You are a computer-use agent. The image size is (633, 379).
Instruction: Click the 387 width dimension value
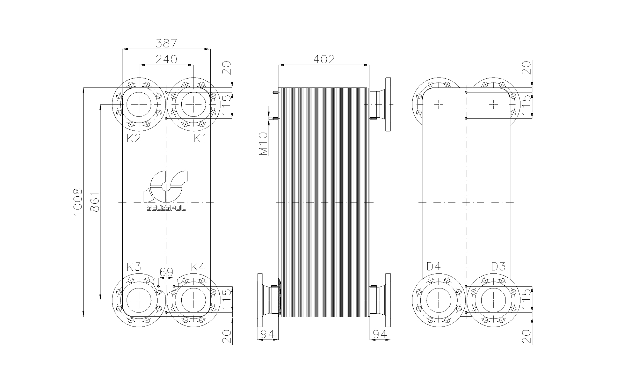coord(166,43)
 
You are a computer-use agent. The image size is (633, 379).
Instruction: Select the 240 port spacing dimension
coord(166,59)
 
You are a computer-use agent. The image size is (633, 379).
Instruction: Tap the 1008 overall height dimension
coord(78,202)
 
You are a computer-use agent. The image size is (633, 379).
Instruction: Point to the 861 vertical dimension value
coord(94,202)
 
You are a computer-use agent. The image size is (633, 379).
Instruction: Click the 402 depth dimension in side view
coord(324,59)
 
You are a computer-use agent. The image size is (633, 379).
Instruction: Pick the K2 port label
coord(134,138)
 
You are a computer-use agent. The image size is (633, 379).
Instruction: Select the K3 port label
coord(134,267)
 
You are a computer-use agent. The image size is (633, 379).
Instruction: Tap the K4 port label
coord(198,267)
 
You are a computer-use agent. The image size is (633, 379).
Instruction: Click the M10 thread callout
coord(264,144)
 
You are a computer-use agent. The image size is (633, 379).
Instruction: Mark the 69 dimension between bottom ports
coord(166,272)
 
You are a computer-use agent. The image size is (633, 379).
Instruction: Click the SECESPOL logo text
coord(166,208)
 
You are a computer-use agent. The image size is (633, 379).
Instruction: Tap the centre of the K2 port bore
coord(139,104)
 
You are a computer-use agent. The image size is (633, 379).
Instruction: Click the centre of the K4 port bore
coord(193,300)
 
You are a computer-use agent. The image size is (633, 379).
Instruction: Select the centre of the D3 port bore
coord(494,300)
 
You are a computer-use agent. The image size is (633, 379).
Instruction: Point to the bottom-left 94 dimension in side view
coord(267,334)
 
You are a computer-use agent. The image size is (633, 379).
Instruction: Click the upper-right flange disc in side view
coord(388,104)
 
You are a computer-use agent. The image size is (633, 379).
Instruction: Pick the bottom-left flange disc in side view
coord(260,300)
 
